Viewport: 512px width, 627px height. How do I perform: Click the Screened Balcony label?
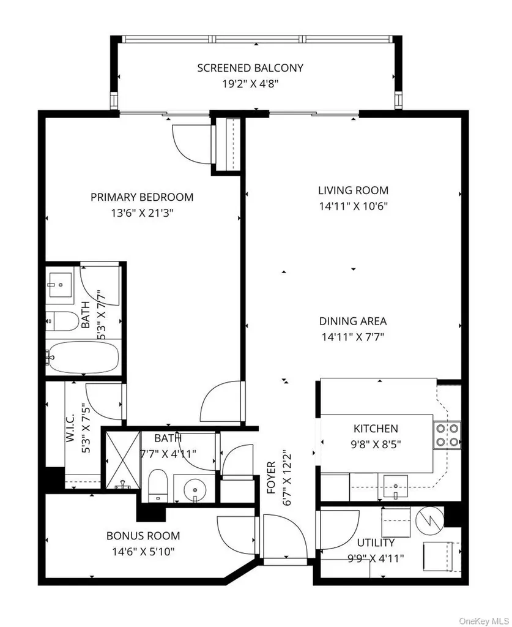click(x=250, y=67)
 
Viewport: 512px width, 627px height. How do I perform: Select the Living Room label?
click(x=353, y=190)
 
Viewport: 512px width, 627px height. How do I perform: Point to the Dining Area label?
click(x=353, y=321)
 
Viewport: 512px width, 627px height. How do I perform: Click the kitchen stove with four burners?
click(x=447, y=435)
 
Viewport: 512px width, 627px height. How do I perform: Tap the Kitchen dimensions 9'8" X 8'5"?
click(x=376, y=445)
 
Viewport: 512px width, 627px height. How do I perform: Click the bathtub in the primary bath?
click(x=83, y=356)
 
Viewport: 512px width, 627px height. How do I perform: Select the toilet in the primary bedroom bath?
click(x=63, y=321)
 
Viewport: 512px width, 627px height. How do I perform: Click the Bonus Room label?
click(x=143, y=535)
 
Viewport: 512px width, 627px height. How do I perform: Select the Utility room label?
click(x=376, y=543)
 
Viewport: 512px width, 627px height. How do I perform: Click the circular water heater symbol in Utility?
click(x=430, y=520)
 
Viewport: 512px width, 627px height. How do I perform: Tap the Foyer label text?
click(x=271, y=478)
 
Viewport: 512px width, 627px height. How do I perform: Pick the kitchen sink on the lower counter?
click(x=395, y=486)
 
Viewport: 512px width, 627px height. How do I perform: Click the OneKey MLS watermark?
click(x=484, y=621)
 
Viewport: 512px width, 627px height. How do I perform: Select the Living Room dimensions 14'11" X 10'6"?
click(x=354, y=206)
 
